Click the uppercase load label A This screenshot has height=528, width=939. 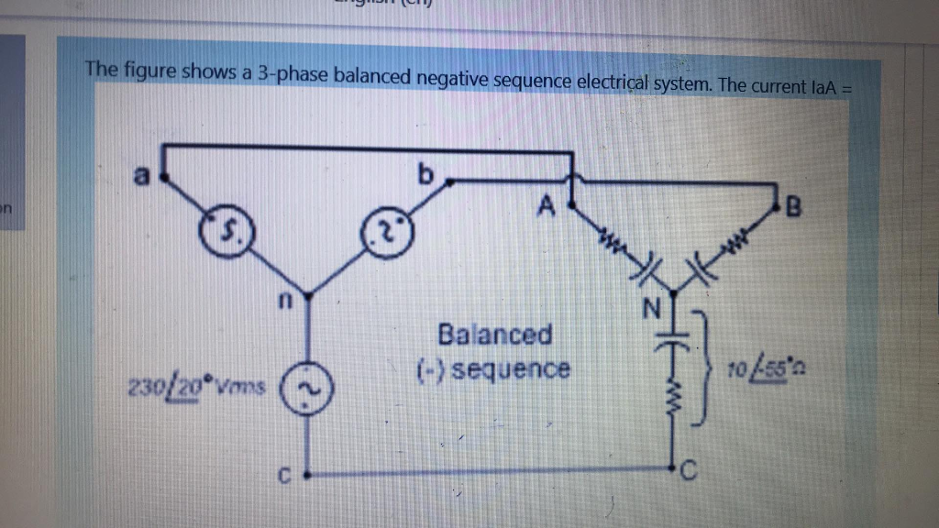(547, 208)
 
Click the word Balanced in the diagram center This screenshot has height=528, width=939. (495, 334)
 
